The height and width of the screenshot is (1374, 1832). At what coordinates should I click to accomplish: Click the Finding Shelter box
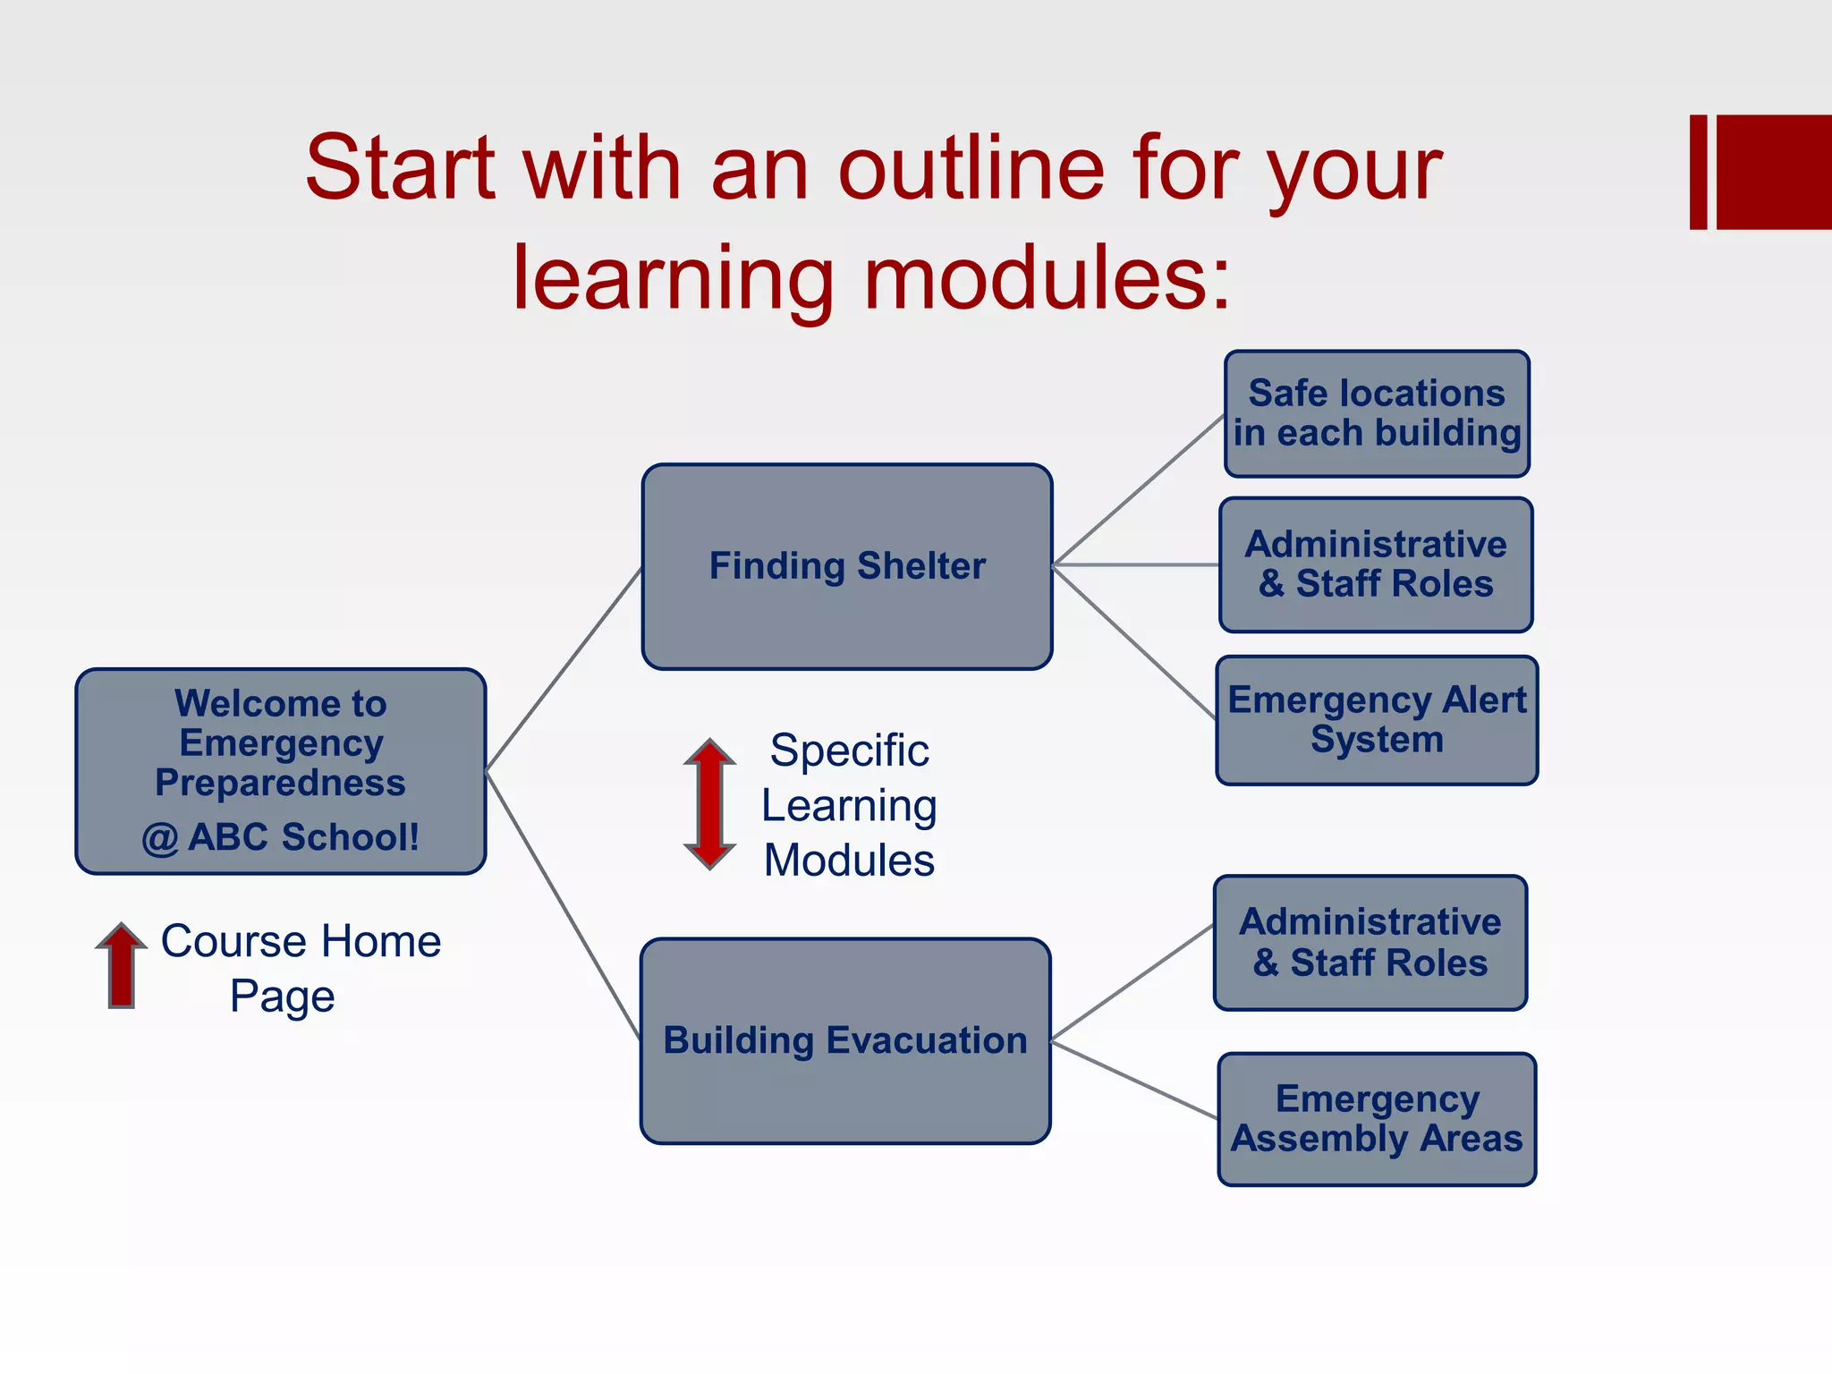(x=846, y=566)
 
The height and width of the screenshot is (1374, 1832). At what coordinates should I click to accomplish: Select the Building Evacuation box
(x=844, y=1040)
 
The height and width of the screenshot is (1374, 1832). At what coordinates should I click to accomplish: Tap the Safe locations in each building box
(x=1377, y=413)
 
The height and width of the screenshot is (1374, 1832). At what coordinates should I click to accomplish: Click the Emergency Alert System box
(x=1377, y=720)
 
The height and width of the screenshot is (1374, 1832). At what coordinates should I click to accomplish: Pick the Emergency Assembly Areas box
(x=1377, y=1119)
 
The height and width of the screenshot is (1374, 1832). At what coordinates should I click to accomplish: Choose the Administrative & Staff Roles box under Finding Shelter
(x=1376, y=564)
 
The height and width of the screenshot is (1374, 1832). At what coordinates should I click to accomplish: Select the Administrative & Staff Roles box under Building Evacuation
(x=1370, y=943)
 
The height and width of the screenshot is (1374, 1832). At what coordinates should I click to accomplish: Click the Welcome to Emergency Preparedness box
(x=280, y=770)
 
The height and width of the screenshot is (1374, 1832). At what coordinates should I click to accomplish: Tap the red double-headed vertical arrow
(x=709, y=803)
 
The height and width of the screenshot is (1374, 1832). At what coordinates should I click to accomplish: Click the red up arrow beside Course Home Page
(x=121, y=966)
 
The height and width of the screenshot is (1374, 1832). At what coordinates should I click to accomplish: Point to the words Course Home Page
(x=300, y=968)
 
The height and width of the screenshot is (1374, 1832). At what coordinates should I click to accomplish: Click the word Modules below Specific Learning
(x=849, y=861)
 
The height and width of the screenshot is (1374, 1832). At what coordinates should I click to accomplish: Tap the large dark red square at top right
(x=1774, y=172)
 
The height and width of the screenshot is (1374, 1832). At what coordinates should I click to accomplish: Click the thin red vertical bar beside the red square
(x=1698, y=172)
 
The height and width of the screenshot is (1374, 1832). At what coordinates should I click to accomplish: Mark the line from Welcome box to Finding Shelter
(x=564, y=669)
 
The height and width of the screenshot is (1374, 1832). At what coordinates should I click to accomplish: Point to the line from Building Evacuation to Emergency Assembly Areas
(x=1134, y=1080)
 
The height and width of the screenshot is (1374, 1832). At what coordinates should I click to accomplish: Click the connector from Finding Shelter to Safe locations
(x=1139, y=489)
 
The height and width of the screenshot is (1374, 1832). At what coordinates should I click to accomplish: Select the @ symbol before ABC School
(x=160, y=839)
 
